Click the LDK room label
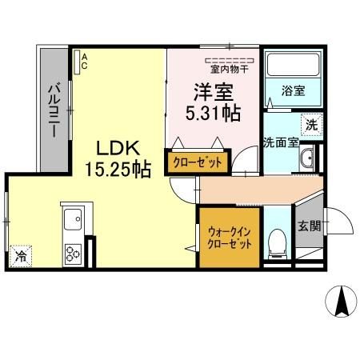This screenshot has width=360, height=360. coord(119,148)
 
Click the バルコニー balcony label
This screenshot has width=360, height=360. coord(53,111)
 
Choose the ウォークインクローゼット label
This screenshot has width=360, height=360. coord(229,238)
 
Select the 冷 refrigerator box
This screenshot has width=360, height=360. coord(20,258)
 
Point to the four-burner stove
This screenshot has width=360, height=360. coord(73,254)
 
